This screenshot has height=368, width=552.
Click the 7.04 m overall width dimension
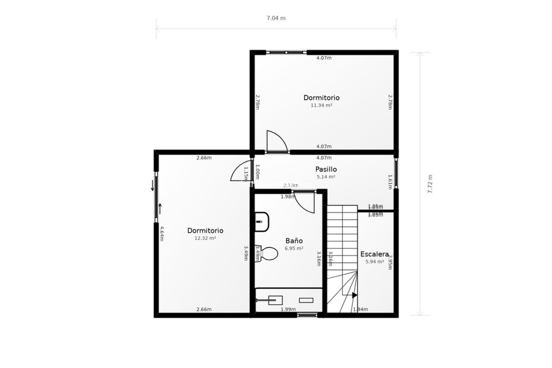pos(276,18)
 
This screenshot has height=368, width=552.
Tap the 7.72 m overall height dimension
pos(430,184)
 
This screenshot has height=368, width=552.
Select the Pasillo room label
pos(326,169)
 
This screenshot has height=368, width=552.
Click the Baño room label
pos(294,241)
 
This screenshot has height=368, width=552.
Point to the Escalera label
pos(375,254)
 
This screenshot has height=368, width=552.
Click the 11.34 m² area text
pos(321,105)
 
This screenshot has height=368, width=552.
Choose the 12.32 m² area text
pos(205,238)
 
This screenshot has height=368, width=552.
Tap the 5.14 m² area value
pos(326,177)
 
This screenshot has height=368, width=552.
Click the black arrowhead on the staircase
pos(354,295)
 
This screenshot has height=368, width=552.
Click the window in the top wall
pos(286,52)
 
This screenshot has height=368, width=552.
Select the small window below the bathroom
pos(307,315)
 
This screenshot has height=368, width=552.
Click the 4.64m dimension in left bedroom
pos(162,234)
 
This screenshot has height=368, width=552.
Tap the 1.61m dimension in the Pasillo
pos(390,182)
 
